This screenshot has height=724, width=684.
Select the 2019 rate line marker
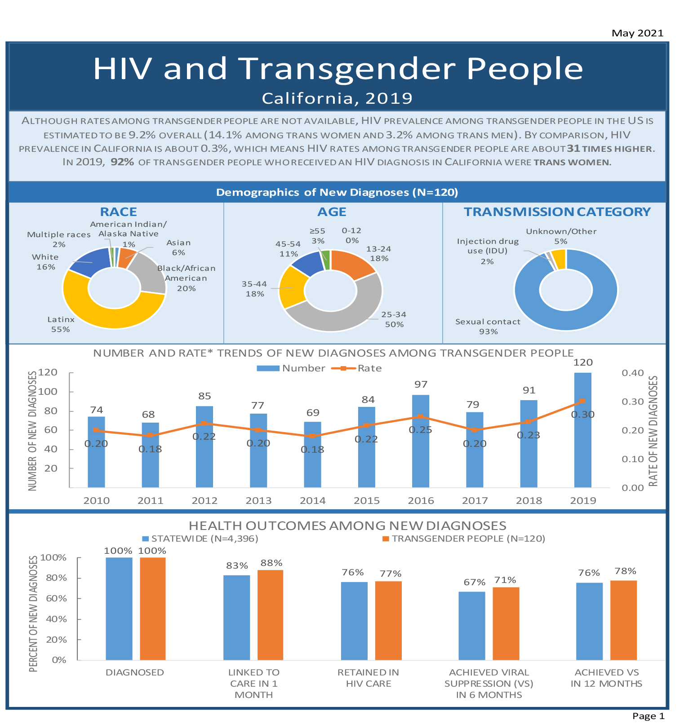[x=582, y=401]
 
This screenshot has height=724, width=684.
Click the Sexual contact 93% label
[x=488, y=327]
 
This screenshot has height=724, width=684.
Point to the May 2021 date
[x=637, y=33]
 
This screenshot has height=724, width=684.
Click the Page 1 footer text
[x=648, y=716]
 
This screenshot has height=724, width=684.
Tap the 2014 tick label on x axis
[x=312, y=500]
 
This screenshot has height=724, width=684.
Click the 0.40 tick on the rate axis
[x=632, y=373]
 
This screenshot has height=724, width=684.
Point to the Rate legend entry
[x=369, y=368]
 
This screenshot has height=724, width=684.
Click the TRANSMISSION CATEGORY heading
[x=557, y=212]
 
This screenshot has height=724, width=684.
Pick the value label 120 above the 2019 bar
[x=583, y=362]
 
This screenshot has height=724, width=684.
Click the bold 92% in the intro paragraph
[x=122, y=162]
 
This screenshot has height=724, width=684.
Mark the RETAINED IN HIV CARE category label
[x=368, y=678]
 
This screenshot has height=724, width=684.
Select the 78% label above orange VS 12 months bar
[x=625, y=571]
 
